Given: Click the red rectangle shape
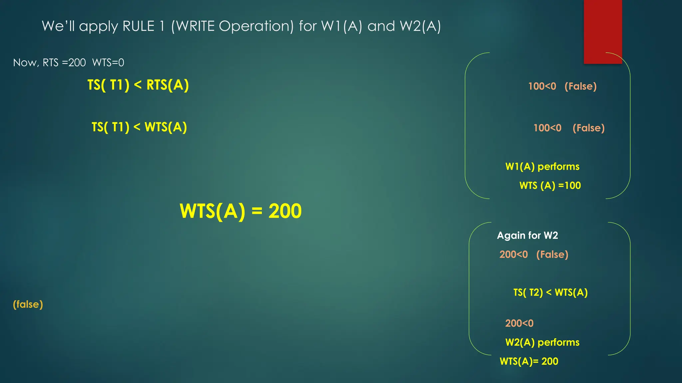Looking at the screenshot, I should point(603,32).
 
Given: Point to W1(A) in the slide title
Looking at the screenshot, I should point(341,26).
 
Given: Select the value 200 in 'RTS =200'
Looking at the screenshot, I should point(77,63).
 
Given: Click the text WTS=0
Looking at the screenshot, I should point(108,63).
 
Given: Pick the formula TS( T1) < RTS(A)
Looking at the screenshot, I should point(138,85).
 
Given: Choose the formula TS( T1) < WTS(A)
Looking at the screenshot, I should point(139,127).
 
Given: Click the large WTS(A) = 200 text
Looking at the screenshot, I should point(240,211).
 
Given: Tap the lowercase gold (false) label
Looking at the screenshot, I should point(28,304).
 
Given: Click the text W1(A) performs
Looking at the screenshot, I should point(542,166).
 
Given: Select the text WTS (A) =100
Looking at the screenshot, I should point(550,185).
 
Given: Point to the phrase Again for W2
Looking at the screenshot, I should point(527,235).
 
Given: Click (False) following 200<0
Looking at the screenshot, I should point(552,254).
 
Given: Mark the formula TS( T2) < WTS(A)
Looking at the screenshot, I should point(550,292).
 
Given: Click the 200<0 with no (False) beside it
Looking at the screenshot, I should point(519,323).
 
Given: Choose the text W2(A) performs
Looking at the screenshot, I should point(542,342).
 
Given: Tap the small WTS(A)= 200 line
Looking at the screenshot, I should point(529,361).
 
